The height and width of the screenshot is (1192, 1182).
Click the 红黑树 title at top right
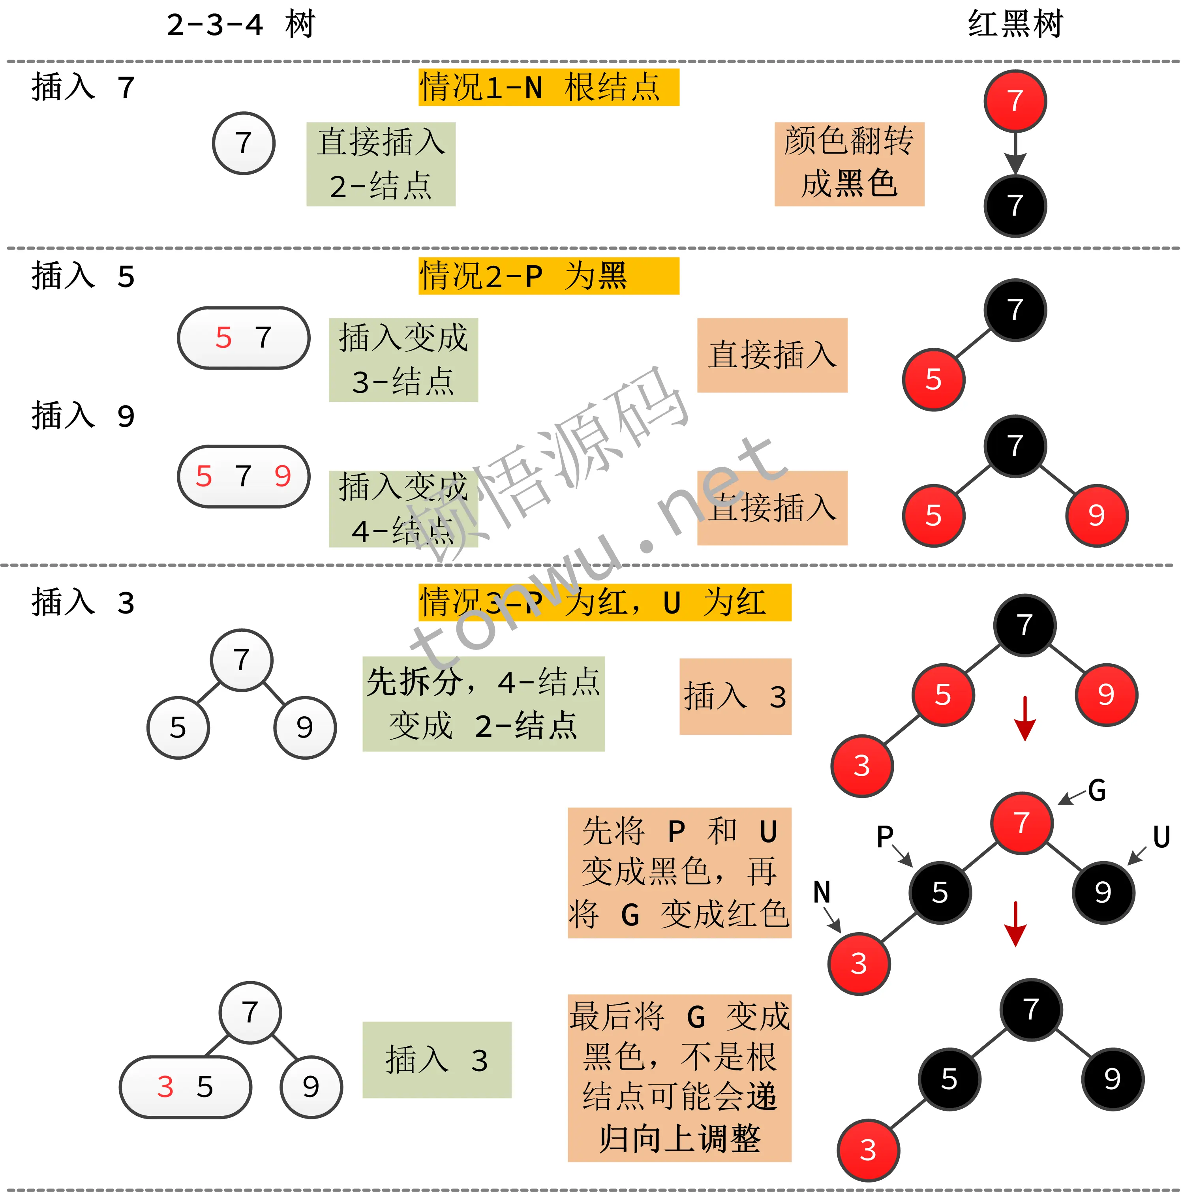point(1015,25)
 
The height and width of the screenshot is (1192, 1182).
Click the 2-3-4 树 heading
point(240,25)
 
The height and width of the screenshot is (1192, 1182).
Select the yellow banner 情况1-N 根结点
point(548,87)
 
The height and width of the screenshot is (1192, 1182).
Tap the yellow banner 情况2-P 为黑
point(548,276)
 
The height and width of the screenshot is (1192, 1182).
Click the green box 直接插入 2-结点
point(381,164)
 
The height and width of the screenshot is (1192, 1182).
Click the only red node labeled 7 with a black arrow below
point(1015,101)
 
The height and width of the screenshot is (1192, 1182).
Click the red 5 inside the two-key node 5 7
point(223,338)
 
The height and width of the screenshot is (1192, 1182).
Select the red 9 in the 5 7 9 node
point(283,476)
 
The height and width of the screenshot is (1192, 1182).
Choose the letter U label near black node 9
point(1161,837)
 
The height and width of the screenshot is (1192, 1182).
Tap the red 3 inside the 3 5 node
point(165,1087)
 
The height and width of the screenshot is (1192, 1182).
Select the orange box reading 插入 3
point(735,696)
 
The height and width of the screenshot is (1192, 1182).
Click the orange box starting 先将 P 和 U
point(679,873)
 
